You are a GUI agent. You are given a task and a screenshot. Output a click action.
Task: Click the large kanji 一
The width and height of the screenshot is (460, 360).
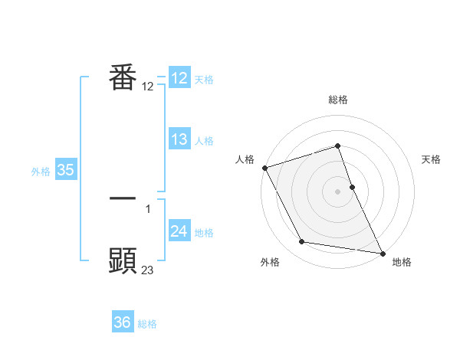123,198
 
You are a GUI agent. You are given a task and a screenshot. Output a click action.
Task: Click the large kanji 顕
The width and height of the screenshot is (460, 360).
123,260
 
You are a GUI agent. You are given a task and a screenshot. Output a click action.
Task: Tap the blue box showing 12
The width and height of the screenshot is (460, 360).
179,78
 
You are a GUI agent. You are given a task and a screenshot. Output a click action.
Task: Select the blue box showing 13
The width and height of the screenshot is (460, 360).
179,139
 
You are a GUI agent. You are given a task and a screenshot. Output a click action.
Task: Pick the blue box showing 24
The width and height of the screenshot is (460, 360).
179,231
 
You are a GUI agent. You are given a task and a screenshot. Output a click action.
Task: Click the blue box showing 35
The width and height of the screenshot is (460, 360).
65,170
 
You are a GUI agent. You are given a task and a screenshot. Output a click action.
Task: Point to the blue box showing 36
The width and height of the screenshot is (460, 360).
123,322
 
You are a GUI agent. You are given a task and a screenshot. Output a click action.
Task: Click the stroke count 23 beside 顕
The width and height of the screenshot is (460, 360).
148,270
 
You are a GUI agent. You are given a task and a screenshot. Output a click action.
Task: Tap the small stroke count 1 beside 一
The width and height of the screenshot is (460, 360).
148,208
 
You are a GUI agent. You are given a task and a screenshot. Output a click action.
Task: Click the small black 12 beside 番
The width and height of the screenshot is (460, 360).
148,87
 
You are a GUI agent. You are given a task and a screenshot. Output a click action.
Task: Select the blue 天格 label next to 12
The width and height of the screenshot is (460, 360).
204,80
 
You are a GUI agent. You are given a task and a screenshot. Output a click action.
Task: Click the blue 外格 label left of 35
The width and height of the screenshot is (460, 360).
41,172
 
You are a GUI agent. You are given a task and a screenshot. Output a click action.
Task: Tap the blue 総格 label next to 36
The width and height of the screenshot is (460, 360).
147,324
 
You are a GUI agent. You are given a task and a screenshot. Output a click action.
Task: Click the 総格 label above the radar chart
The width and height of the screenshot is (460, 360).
338,100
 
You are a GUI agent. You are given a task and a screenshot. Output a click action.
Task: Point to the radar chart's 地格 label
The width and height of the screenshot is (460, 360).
402,262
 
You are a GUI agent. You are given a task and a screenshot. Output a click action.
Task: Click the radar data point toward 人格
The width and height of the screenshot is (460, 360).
264,168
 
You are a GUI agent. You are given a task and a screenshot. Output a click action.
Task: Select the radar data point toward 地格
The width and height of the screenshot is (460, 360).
382,252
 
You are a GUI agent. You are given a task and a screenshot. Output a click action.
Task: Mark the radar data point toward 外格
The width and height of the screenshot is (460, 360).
302,242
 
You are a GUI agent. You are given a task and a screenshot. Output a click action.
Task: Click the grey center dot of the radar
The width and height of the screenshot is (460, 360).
338,191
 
